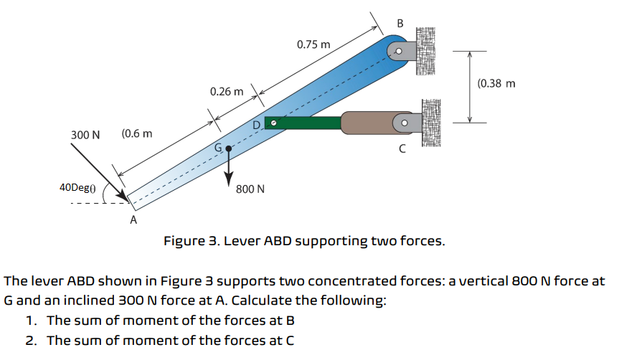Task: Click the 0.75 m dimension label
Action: [313, 44]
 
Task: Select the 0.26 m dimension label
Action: [227, 92]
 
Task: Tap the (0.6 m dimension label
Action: [137, 134]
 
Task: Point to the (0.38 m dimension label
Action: [496, 83]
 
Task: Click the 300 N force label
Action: [85, 135]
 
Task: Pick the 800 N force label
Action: [250, 190]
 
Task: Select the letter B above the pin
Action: [400, 24]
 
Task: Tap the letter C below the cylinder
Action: [402, 149]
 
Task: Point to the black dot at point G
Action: [229, 149]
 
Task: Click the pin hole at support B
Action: [397, 52]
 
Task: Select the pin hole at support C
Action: [404, 123]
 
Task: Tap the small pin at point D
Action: [273, 123]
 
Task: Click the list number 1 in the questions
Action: [29, 320]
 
